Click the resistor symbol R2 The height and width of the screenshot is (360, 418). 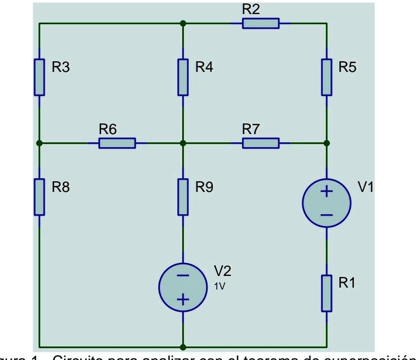point(261,23)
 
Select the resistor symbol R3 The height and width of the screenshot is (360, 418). point(39,77)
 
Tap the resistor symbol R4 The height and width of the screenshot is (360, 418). point(183,77)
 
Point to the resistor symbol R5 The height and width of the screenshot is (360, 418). point(327,77)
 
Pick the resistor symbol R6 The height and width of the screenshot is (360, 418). point(117,143)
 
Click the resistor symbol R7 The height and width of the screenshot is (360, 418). point(261,143)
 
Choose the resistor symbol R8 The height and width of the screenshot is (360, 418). point(39,197)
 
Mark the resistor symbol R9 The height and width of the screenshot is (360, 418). point(183,197)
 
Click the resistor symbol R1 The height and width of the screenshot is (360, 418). point(327,293)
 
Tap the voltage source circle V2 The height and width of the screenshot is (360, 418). point(183,287)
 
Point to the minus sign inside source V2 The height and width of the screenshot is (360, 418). point(183,275)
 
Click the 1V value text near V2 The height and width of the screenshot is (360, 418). point(220,286)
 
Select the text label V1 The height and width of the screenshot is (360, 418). point(366,188)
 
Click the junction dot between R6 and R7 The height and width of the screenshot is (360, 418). point(183,143)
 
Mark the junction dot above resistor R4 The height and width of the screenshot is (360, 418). point(183,23)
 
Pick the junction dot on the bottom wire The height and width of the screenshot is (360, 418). point(183,347)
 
